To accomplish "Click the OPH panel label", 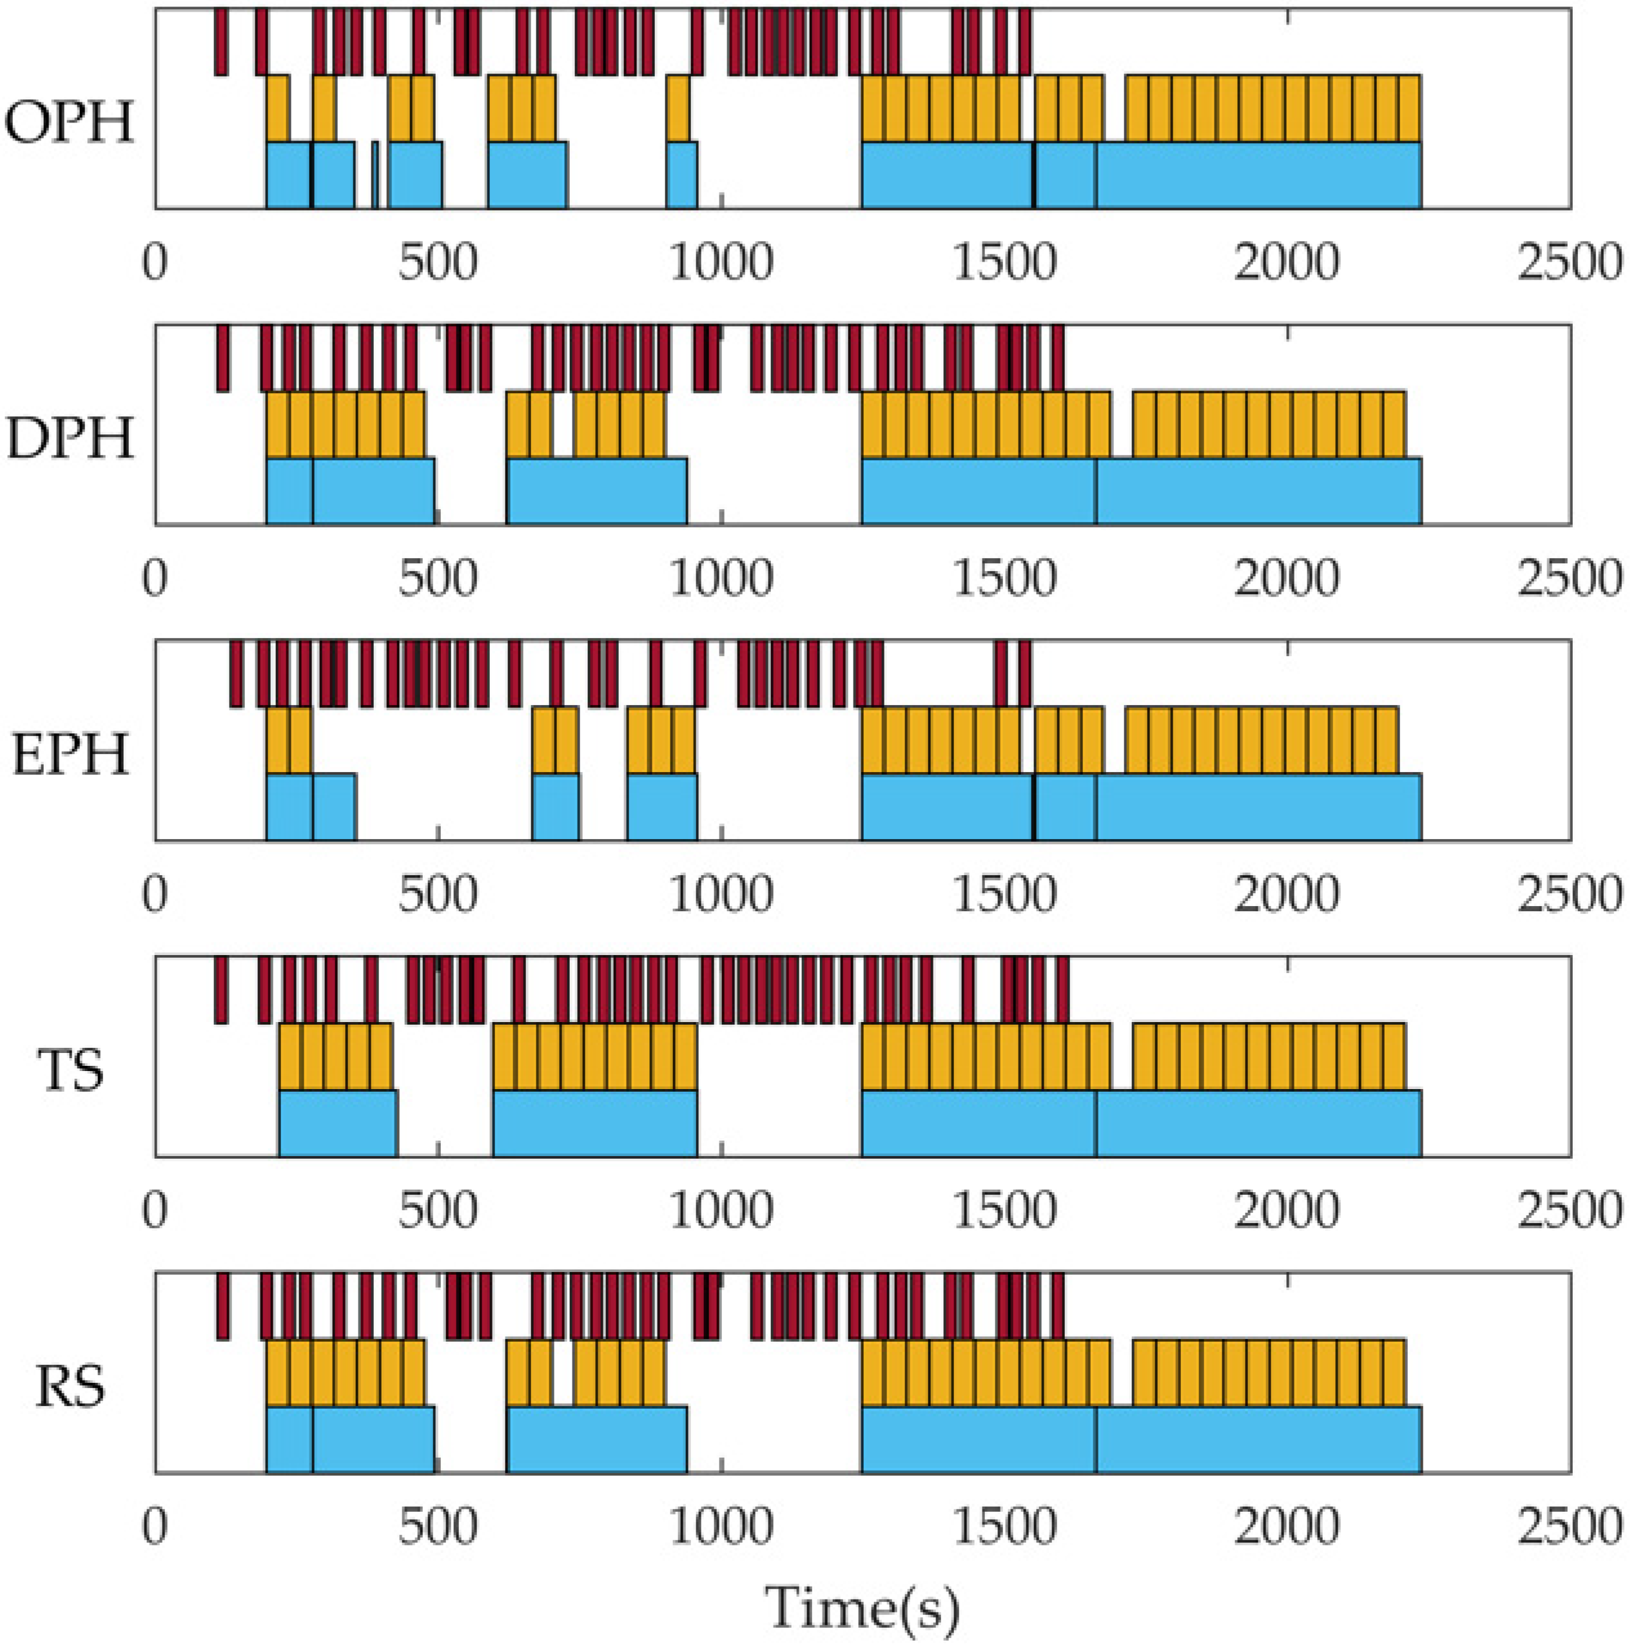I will pos(70,122).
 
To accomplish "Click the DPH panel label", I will pos(70,438).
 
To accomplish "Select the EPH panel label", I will pos(70,755).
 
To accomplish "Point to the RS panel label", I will pos(70,1386).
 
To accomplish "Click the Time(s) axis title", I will pos(862,1608).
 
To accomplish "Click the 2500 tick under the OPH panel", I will pos(1570,262).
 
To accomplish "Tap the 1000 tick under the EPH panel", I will pos(721,894).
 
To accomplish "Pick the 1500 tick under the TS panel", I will pos(1004,1210).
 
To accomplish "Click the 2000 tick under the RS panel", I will pos(1287,1526).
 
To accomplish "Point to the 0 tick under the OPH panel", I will pos(155,262).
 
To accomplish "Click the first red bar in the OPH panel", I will pos(220,41).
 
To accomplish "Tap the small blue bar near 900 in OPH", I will pos(681,175).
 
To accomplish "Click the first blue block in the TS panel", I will pos(338,1123).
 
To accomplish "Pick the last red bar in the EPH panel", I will pos(1024,673).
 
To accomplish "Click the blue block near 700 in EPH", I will pos(556,807).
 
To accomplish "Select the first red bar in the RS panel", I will pos(222,1306).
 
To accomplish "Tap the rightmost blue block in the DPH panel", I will pos(1258,490).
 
